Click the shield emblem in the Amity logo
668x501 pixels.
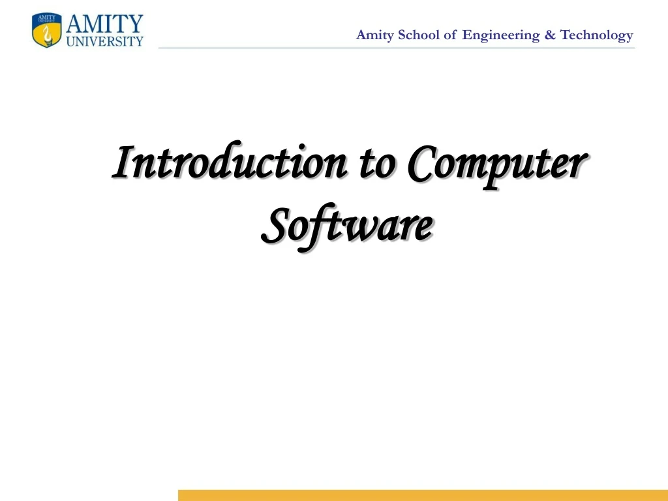(x=47, y=31)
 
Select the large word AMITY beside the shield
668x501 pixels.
(x=104, y=25)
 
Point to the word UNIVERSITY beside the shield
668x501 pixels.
(x=104, y=41)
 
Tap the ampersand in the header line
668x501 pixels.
(x=550, y=35)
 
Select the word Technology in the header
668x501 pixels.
(x=597, y=35)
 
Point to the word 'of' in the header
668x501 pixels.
(x=450, y=35)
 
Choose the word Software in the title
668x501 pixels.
(x=346, y=225)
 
